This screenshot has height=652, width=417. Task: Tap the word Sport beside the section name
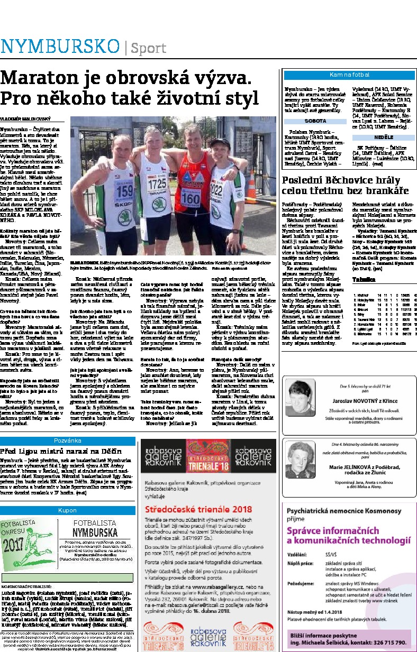click(x=149, y=49)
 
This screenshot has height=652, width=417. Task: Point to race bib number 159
click(x=125, y=191)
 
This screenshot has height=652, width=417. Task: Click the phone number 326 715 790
click(x=388, y=642)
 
